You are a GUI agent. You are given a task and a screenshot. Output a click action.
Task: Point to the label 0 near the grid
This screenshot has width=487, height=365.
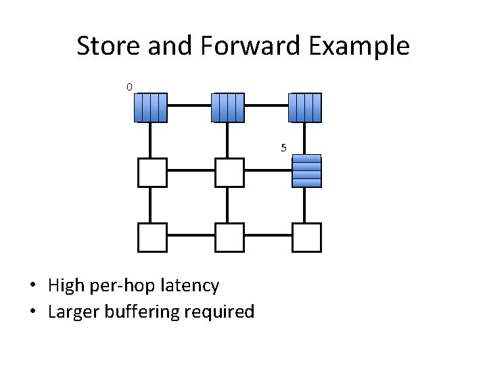pyautogui.click(x=129, y=86)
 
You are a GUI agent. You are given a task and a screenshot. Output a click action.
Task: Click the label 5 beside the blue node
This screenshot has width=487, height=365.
pyautogui.click(x=283, y=147)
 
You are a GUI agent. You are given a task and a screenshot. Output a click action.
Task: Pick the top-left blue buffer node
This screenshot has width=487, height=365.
pyautogui.click(x=149, y=107)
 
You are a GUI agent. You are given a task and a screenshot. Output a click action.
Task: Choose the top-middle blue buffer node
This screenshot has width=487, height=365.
pyautogui.click(x=227, y=107)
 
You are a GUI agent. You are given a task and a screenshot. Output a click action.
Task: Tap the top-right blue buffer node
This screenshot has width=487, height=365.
pyautogui.click(x=305, y=107)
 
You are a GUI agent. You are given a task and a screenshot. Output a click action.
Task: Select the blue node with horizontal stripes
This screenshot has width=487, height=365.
pyautogui.click(x=306, y=171)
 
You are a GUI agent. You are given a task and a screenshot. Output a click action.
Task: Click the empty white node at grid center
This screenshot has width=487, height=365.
pyautogui.click(x=229, y=172)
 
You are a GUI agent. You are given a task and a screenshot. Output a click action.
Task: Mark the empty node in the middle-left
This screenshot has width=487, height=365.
pyautogui.click(x=152, y=172)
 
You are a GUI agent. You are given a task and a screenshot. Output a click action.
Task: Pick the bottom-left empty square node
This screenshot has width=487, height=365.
pyautogui.click(x=152, y=237)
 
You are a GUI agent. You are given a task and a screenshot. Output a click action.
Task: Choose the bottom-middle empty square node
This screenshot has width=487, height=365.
pyautogui.click(x=229, y=237)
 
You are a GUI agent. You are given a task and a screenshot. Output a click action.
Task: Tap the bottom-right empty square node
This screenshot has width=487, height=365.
pyautogui.click(x=306, y=237)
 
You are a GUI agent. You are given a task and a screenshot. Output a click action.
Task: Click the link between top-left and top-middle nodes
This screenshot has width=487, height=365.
pyautogui.click(x=189, y=106)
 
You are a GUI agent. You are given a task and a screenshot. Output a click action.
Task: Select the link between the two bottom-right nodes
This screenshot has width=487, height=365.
pyautogui.click(x=268, y=235)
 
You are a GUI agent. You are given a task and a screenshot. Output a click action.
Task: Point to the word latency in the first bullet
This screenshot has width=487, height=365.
pyautogui.click(x=190, y=286)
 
